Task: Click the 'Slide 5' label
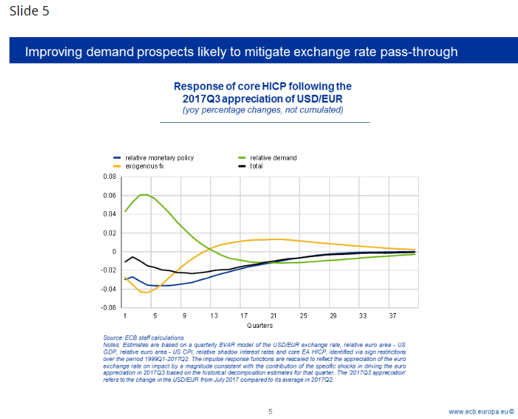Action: (29, 11)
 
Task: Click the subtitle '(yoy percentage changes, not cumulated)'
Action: (262, 109)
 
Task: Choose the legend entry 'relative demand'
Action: (273, 158)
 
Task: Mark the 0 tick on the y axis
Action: (113, 252)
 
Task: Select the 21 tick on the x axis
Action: (273, 316)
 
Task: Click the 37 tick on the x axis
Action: (392, 316)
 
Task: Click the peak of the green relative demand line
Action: (144, 194)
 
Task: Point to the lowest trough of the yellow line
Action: (147, 292)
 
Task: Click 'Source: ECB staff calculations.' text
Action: (144, 337)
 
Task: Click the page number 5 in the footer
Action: (270, 411)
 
